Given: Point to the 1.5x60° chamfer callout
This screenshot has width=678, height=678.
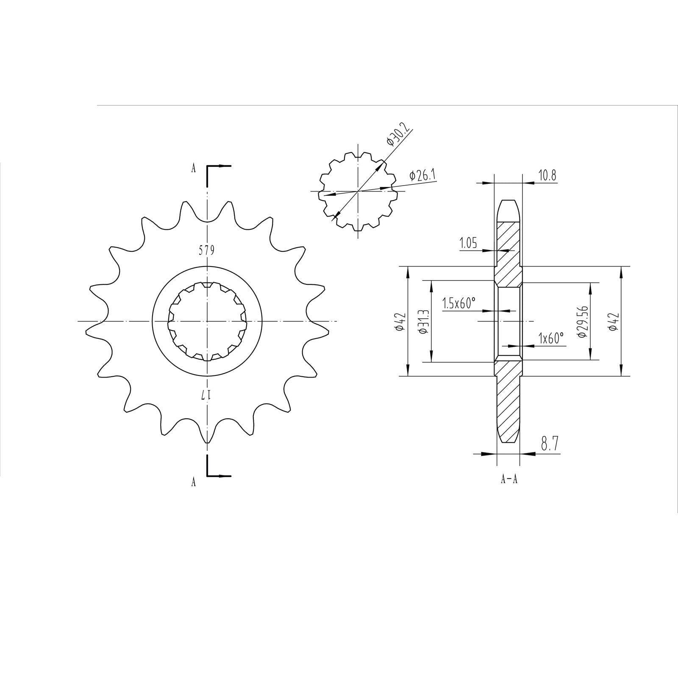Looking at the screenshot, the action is point(458,303).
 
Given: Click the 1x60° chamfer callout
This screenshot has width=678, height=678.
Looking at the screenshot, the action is point(551,338).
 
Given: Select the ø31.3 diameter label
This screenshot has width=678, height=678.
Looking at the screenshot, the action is point(423,321).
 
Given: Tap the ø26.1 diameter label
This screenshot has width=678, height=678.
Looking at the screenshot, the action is point(423,175).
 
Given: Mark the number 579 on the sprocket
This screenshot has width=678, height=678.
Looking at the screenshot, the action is point(207,250).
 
